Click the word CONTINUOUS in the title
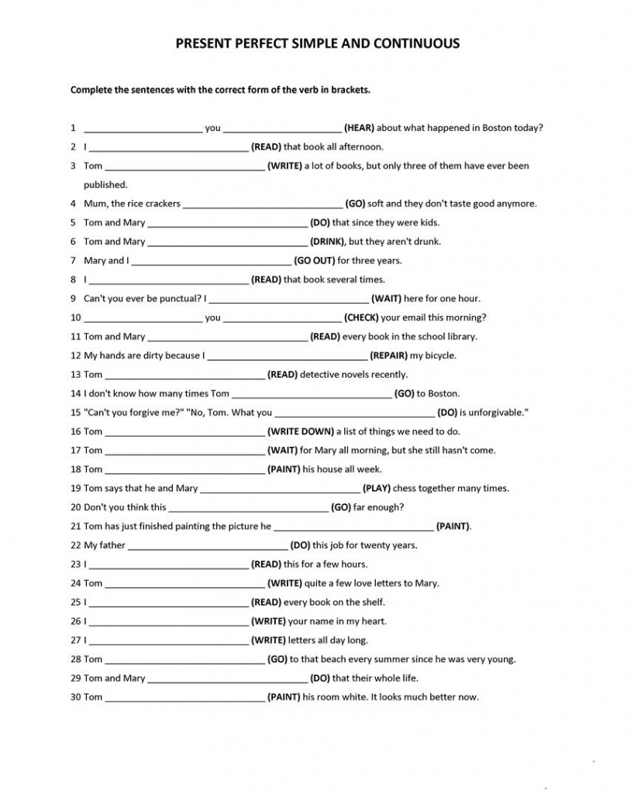click(x=417, y=43)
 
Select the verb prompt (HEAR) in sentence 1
click(x=359, y=128)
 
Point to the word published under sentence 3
click(x=105, y=184)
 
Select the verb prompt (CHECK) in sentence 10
click(x=361, y=318)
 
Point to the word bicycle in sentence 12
click(x=439, y=355)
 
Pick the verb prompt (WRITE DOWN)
click(x=301, y=431)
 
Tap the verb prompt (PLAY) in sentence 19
click(x=377, y=489)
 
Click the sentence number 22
click(x=76, y=545)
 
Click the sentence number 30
click(x=76, y=697)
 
